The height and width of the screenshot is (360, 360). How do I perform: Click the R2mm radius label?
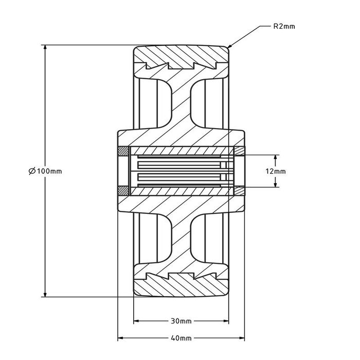284,26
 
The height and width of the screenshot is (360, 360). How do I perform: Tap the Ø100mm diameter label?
45,171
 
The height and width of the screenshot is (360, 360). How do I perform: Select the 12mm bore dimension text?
276,171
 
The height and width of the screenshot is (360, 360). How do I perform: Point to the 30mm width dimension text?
181,321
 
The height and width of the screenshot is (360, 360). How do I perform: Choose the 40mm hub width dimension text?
181,338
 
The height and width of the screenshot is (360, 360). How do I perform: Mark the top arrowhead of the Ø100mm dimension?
45,47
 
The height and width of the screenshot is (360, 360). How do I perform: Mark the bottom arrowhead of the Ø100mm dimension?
45,294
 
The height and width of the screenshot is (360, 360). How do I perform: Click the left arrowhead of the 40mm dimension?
120,338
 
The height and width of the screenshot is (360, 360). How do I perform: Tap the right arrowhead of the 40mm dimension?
242,338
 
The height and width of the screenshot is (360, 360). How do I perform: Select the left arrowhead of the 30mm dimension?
137,321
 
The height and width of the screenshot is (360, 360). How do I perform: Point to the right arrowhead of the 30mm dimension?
226,321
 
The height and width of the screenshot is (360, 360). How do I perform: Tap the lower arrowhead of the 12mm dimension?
276,184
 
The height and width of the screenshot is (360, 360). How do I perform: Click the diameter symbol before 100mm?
32,171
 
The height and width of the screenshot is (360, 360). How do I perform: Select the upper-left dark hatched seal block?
123,151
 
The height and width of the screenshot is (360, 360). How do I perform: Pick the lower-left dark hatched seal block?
123,191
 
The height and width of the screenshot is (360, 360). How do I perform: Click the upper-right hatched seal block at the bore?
239,151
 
